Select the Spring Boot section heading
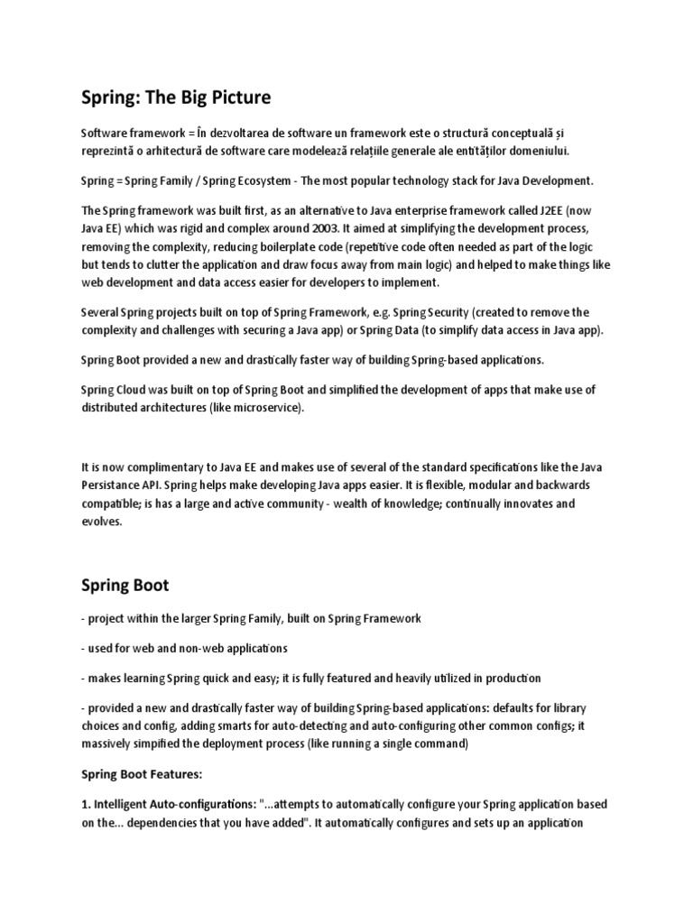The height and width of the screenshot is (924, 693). (x=125, y=586)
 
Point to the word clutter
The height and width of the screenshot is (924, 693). (x=159, y=264)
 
